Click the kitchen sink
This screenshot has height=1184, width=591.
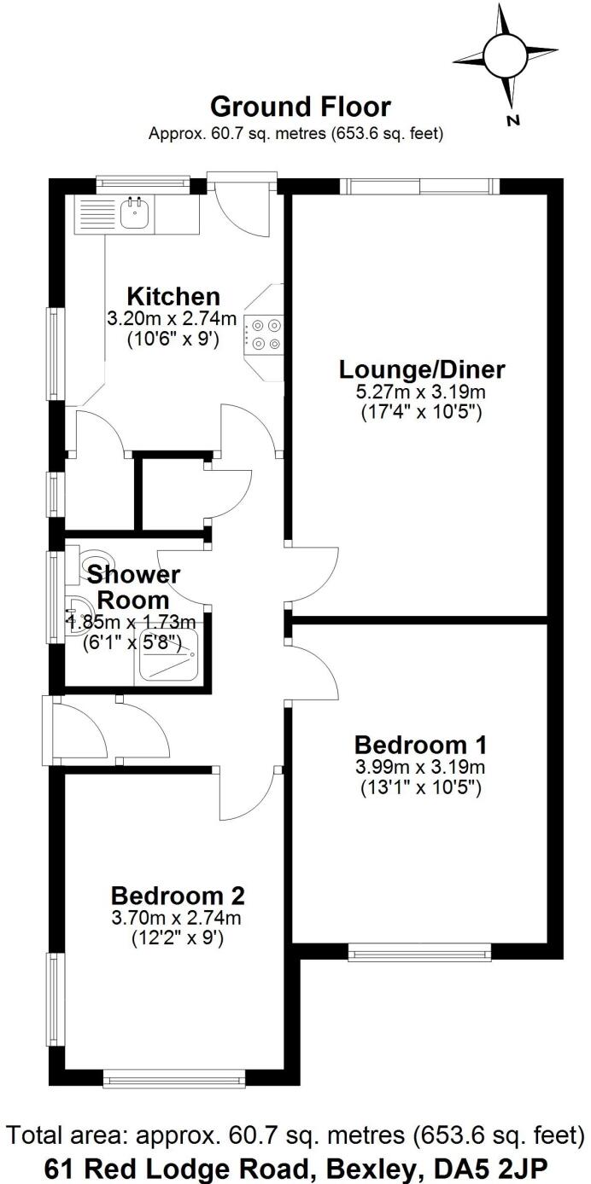[x=134, y=214]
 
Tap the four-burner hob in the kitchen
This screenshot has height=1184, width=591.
[x=264, y=334]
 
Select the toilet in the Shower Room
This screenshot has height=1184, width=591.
[x=84, y=563]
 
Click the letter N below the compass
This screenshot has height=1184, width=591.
[x=513, y=120]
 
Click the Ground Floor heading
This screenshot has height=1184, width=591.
[x=300, y=107]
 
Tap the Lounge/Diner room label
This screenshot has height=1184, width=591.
[x=422, y=370]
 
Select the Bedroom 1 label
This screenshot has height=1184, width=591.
[x=419, y=741]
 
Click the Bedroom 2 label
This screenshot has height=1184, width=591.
[x=178, y=896]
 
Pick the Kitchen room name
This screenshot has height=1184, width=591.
[x=173, y=297]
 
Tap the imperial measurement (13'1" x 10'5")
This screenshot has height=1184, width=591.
[x=419, y=785]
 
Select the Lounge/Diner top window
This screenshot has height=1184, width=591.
[x=418, y=185]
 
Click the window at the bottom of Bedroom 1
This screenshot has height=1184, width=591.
[x=419, y=950]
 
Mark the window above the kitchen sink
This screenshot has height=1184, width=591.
[x=142, y=181]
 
